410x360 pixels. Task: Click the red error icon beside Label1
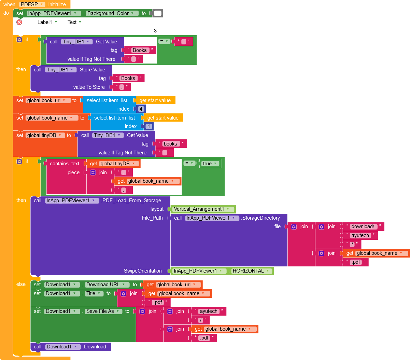[x=19, y=22]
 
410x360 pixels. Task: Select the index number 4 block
[x=141, y=109]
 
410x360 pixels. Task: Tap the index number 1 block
[x=149, y=126]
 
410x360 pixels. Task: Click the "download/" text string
[x=363, y=226]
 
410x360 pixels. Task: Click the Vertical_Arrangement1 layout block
[x=201, y=209]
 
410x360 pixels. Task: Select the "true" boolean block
[x=210, y=164]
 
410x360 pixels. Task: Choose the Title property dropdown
[x=94, y=293]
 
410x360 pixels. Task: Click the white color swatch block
[x=157, y=13]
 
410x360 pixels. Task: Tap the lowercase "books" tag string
[x=170, y=144]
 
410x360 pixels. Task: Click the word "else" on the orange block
[x=21, y=284]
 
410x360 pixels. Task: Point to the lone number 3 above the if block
[x=155, y=31]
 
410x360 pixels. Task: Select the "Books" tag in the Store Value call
[x=128, y=78]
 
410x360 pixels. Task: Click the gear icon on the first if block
[x=19, y=40]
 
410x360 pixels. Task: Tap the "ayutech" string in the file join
[x=360, y=235]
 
